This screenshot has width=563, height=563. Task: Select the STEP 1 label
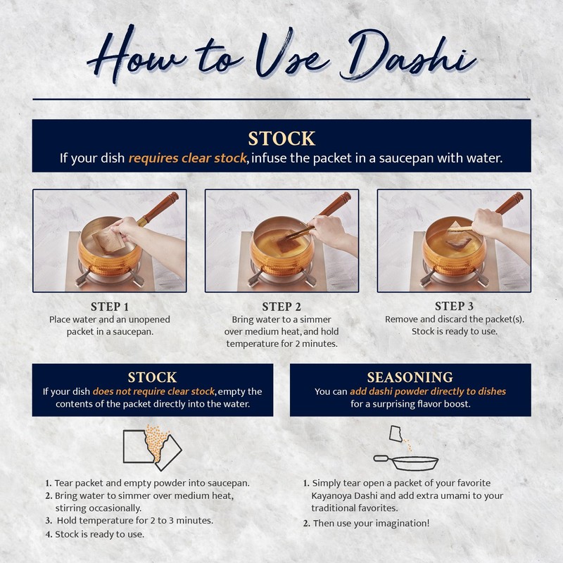109,306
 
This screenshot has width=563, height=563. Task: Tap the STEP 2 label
281,306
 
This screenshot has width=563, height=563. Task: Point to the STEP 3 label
454,305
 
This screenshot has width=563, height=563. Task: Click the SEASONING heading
410,377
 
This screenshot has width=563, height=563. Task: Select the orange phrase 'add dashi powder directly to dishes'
429,391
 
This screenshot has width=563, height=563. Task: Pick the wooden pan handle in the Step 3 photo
508,203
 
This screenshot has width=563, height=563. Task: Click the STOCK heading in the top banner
281,137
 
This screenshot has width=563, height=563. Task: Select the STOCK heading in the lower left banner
152,377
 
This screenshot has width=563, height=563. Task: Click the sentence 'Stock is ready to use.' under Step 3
454,331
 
